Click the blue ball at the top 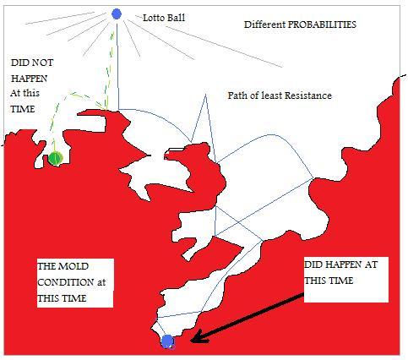117,14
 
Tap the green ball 55,158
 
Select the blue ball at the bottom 167,341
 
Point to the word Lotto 154,18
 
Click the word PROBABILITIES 322,25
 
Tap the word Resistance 308,95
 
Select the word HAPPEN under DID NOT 29,79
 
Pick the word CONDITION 66,282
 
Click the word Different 264,25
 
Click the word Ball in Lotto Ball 177,18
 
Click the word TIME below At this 23,109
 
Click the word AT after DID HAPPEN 371,265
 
